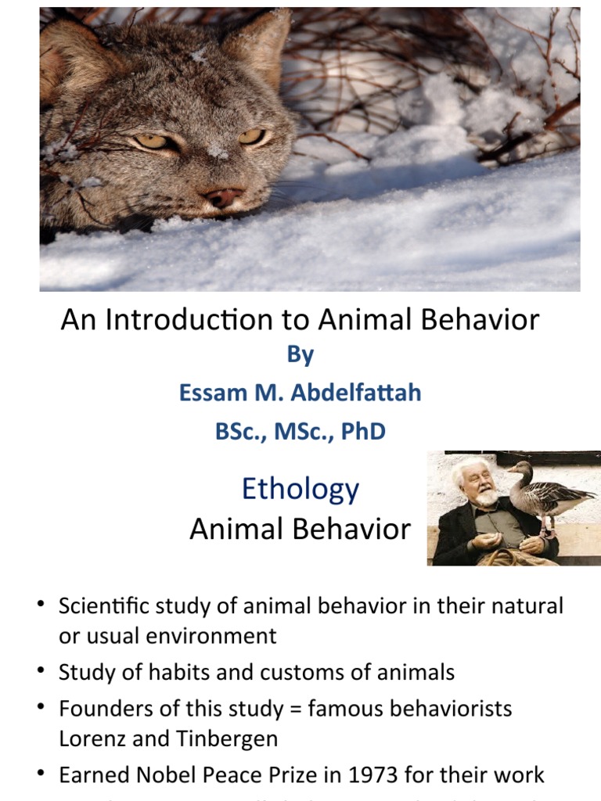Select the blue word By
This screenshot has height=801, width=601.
300,354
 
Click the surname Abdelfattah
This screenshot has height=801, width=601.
356,392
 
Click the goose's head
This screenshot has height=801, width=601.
518,469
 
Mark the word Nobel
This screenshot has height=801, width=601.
160,774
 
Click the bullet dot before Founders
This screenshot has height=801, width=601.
40,708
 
